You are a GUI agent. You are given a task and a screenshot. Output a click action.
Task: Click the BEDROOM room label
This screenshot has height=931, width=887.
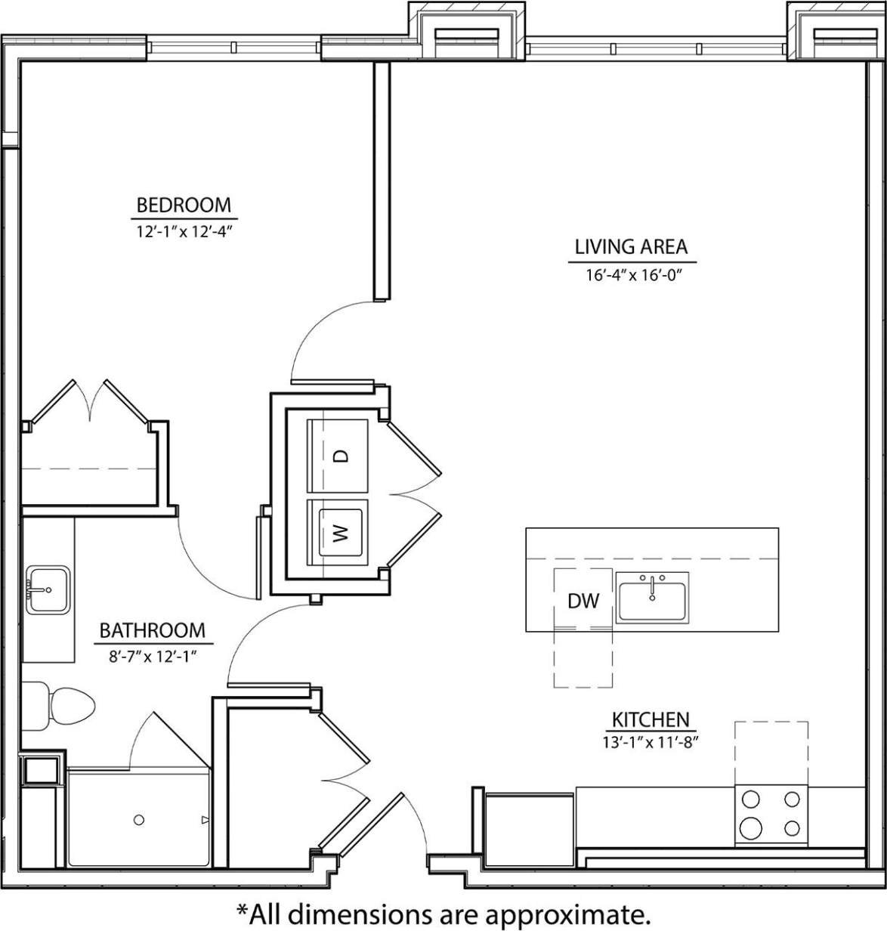(x=183, y=205)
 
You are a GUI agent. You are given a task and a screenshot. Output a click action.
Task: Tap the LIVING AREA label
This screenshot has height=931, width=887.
(x=631, y=247)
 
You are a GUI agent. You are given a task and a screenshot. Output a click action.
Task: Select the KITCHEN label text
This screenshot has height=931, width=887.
(x=650, y=719)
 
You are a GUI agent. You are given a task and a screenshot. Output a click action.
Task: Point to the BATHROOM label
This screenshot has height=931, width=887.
(x=152, y=630)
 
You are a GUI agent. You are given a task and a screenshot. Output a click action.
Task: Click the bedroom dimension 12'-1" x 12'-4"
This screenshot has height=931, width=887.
(x=183, y=231)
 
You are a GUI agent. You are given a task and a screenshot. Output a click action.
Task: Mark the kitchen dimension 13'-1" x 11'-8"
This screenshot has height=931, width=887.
(x=650, y=741)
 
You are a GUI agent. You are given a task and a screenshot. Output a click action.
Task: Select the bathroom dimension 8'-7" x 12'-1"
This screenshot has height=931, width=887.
(x=152, y=656)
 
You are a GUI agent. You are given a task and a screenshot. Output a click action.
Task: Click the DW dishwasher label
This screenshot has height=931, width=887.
(x=583, y=601)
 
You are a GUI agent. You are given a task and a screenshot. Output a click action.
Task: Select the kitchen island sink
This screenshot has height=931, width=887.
(x=652, y=598)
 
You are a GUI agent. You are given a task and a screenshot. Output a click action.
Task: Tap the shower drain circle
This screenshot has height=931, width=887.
(x=139, y=819)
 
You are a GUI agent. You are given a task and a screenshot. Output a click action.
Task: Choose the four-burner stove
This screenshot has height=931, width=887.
(x=770, y=814)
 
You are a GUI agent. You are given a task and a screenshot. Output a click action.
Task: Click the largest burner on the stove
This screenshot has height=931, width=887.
(x=751, y=828)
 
